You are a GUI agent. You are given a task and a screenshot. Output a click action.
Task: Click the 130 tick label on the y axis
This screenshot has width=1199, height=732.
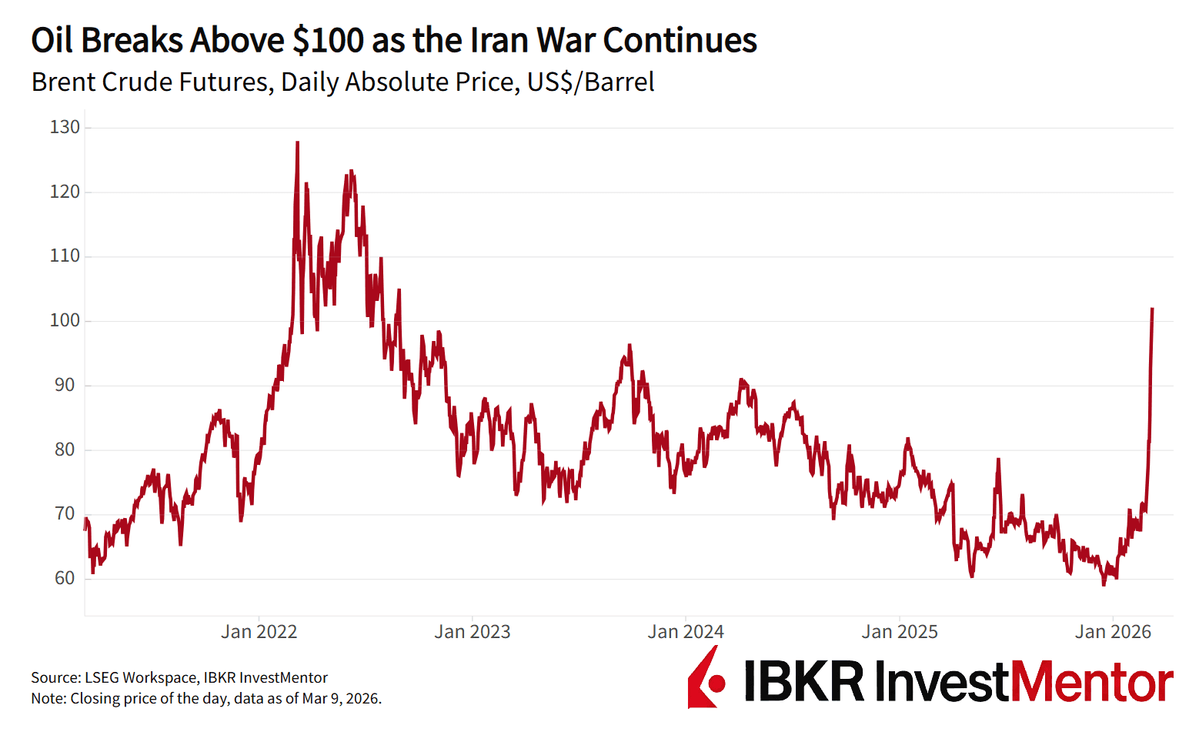point(65,128)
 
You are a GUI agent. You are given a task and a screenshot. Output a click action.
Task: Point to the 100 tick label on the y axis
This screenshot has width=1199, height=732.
point(65,321)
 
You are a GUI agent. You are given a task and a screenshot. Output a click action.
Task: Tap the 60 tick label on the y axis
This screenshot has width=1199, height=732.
point(65,579)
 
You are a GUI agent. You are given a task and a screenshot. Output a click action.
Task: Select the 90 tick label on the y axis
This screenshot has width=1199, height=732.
point(65,386)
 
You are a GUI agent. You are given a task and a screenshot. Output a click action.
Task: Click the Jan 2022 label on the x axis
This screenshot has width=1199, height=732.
point(259,632)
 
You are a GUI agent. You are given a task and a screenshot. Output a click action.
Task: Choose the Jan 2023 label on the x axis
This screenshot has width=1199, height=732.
point(472,632)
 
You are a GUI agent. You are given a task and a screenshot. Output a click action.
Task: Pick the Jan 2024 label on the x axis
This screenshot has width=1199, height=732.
point(686,632)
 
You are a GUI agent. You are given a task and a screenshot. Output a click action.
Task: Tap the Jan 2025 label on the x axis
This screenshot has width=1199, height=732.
point(899,632)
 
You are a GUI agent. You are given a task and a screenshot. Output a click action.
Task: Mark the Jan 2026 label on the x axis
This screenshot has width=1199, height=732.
point(1113,632)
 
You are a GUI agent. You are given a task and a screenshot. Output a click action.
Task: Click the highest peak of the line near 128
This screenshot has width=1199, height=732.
point(298,142)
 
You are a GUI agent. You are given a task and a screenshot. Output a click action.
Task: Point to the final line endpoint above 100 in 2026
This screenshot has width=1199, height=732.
point(1152,309)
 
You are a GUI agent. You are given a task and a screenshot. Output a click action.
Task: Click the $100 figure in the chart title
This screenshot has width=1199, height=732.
point(328,40)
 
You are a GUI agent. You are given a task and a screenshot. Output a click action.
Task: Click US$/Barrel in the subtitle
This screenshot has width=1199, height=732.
point(590,82)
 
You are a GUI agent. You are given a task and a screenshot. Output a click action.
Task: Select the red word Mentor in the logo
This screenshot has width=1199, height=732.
point(1091,681)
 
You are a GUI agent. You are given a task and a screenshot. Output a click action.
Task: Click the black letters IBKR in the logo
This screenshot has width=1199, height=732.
point(803,681)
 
